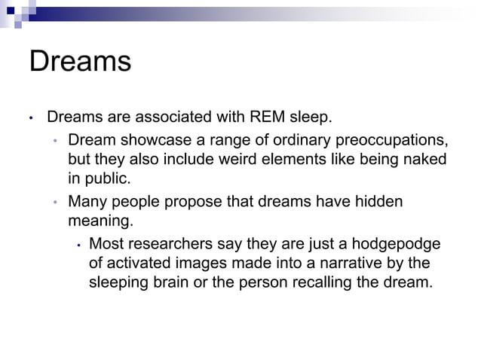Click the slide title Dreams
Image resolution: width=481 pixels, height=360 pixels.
point(80,61)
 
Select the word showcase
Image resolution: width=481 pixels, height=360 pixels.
point(145,140)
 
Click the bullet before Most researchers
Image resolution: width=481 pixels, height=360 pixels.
point(78,245)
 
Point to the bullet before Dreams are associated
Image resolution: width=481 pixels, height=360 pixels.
point(32,119)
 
